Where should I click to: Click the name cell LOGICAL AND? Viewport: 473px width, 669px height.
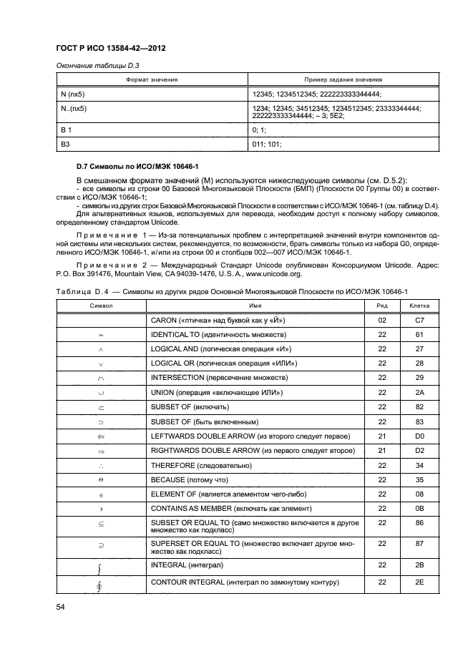tap(220, 348)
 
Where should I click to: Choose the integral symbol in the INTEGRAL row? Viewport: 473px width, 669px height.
tap(100, 568)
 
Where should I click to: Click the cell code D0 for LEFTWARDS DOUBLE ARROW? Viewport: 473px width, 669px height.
tap(419, 436)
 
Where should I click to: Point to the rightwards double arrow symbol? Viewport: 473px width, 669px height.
tap(100, 451)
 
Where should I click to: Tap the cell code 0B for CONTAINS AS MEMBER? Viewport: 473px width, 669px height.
tap(419, 509)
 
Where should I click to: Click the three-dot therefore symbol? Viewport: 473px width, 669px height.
tap(100, 466)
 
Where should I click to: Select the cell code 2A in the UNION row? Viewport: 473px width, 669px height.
tap(419, 392)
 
